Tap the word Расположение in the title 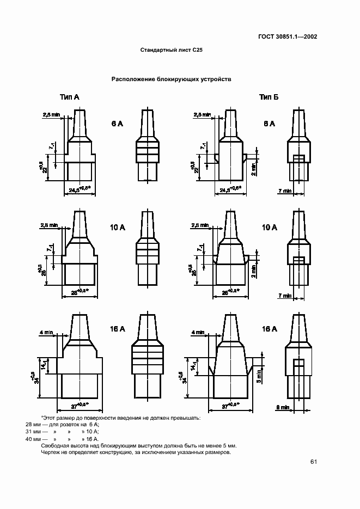(134, 79)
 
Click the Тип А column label (69, 97)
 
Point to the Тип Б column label (269, 97)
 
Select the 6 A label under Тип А (117, 124)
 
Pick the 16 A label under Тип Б (270, 329)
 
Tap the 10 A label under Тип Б (270, 227)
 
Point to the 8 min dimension (283, 407)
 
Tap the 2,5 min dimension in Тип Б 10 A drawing (200, 225)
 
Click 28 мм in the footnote (33, 425)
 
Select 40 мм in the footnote (33, 438)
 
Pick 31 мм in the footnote (33, 432)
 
